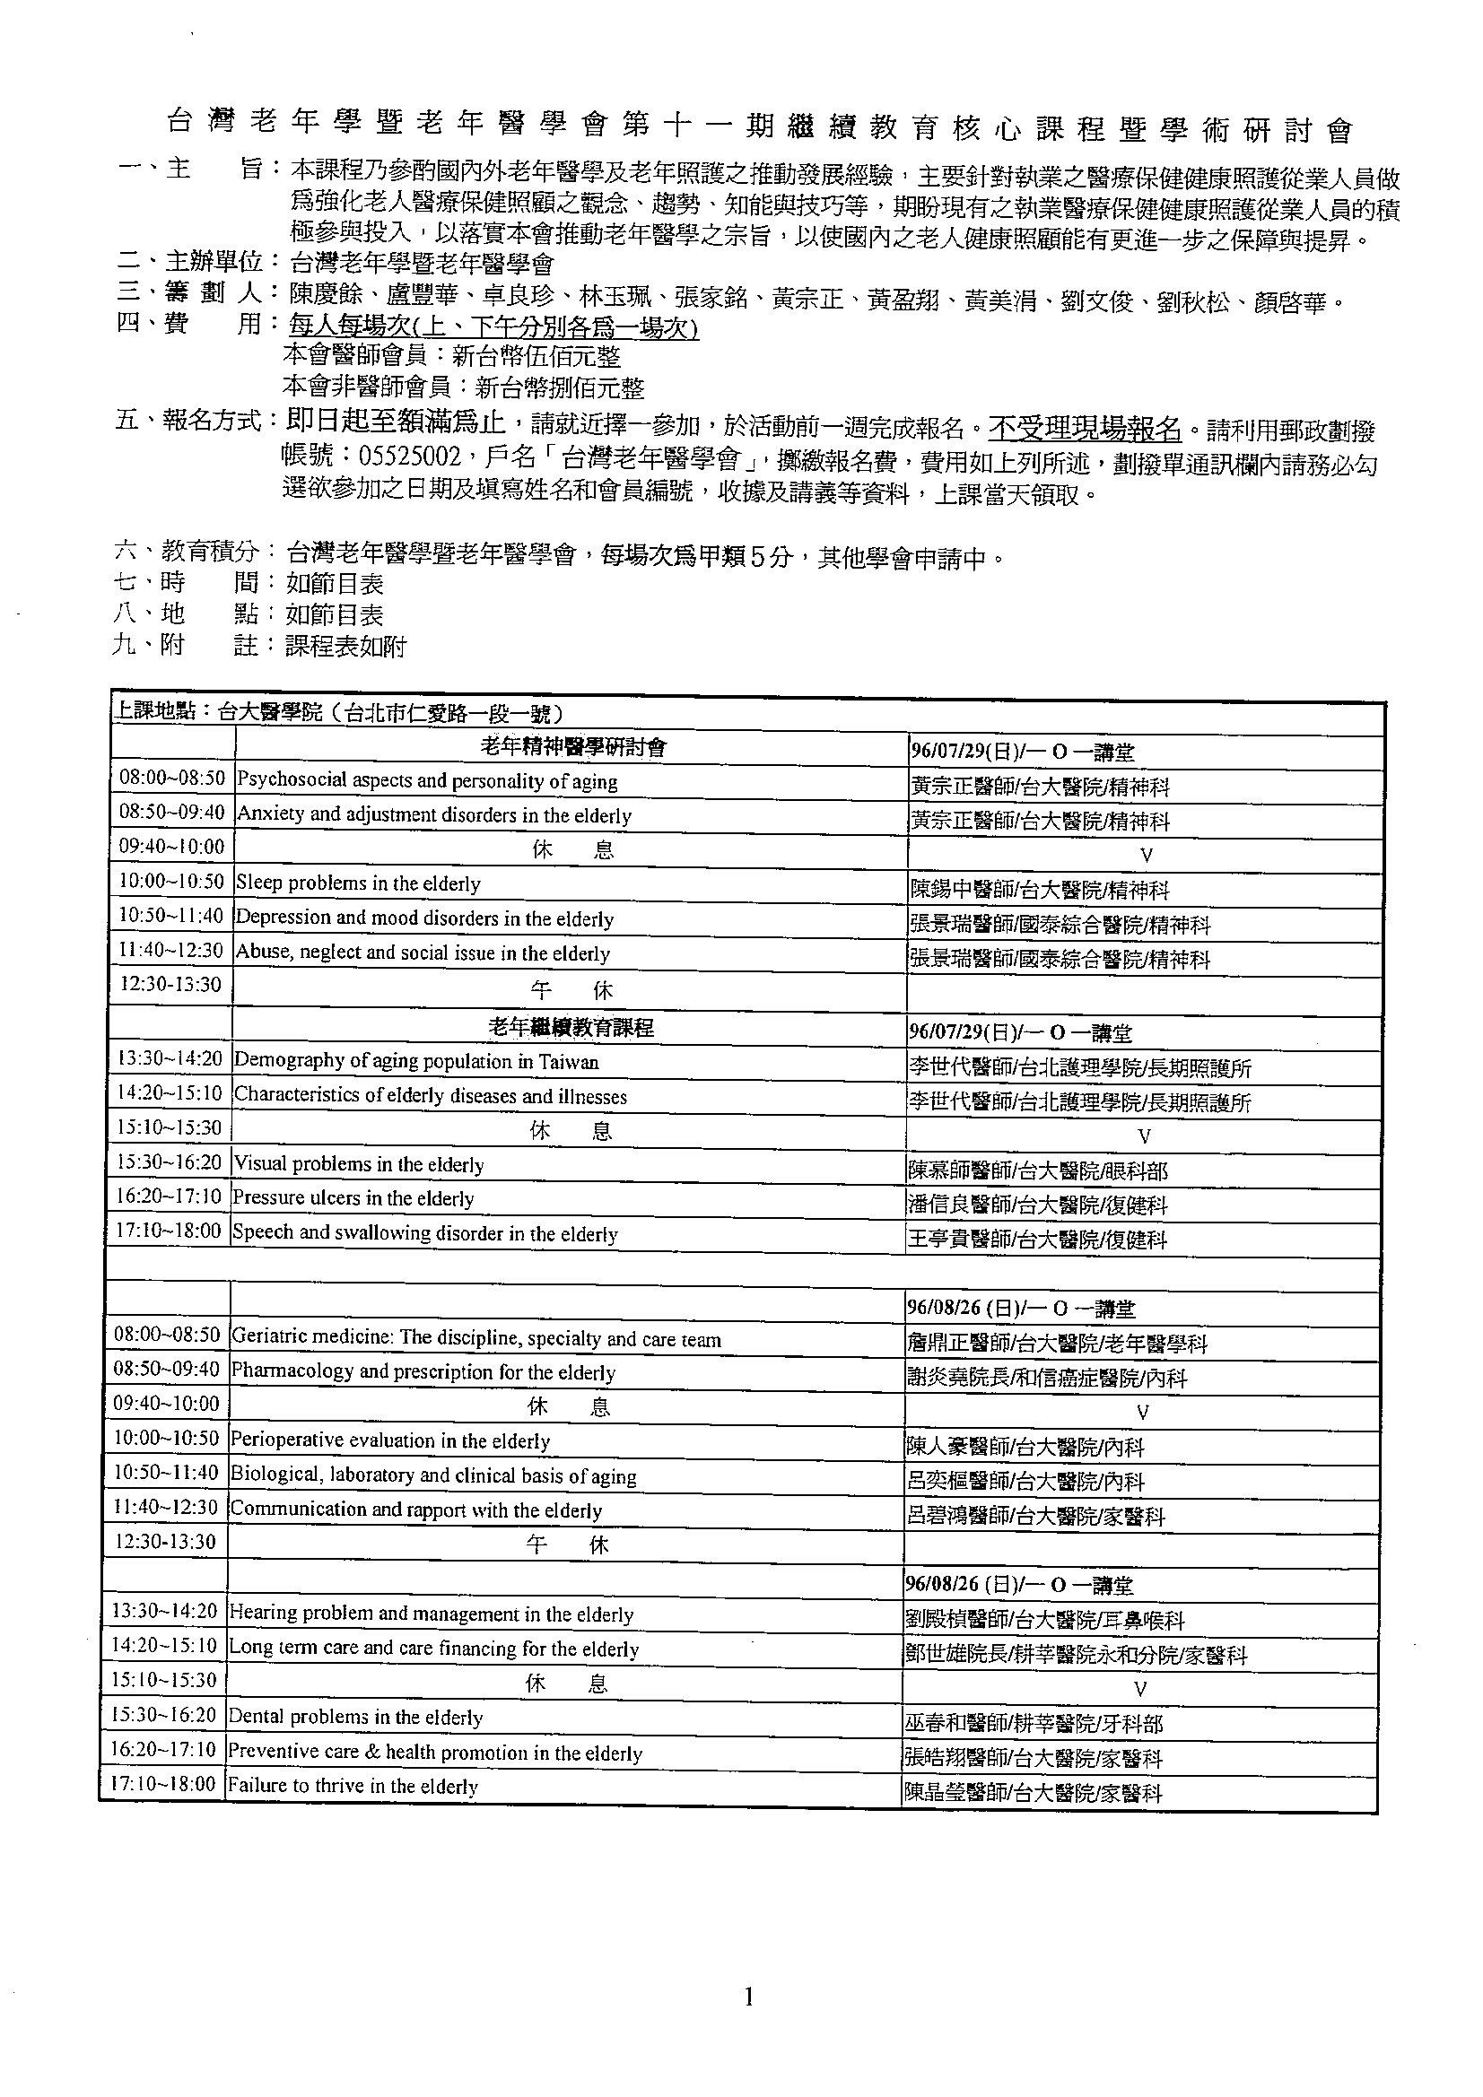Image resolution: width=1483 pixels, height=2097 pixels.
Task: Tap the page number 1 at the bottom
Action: (749, 1997)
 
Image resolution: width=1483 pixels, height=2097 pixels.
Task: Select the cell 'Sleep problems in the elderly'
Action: (358, 883)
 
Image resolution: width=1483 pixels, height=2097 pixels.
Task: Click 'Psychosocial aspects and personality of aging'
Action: (427, 781)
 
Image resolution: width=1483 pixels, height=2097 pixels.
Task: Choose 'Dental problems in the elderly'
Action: (355, 1717)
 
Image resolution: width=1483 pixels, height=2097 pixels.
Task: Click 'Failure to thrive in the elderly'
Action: (353, 1786)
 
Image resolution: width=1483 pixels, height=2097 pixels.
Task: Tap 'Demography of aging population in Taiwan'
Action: (416, 1061)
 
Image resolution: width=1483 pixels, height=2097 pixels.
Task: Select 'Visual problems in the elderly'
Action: (358, 1164)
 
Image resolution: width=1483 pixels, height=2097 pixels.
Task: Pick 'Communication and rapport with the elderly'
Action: (415, 1510)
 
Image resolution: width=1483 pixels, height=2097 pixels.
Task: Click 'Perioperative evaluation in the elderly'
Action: (390, 1441)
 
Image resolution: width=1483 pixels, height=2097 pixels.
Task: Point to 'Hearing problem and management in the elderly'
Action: (431, 1614)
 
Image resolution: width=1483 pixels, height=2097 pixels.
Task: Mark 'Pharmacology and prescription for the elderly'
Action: (423, 1371)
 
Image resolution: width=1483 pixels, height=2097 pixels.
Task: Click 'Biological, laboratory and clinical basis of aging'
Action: (433, 1476)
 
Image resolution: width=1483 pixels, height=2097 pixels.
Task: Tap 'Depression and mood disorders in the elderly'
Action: (425, 918)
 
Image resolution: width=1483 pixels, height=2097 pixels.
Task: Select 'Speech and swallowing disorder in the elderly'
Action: (425, 1233)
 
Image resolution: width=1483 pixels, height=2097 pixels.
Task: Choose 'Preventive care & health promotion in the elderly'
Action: (435, 1752)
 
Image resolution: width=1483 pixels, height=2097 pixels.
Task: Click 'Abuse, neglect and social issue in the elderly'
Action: (423, 953)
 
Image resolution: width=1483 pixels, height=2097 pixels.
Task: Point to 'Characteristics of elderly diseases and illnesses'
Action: (431, 1095)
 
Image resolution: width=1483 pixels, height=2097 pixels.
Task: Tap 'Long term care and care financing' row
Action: (433, 1649)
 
